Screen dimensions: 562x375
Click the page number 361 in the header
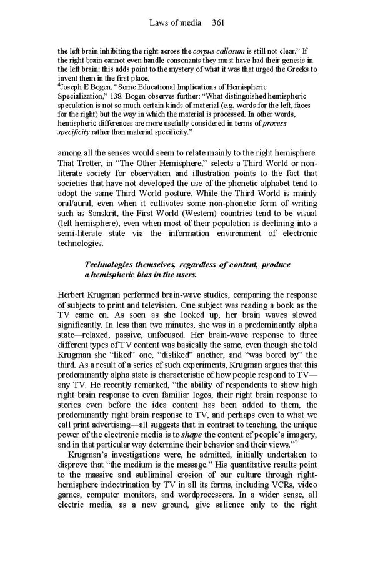point(218,23)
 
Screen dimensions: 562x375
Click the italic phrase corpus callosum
point(214,51)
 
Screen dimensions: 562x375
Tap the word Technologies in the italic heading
point(116,265)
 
